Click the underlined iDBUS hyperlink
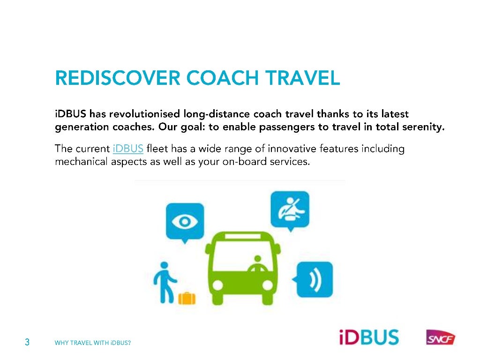click(x=128, y=150)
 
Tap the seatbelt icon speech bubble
click(x=291, y=209)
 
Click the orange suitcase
click(x=187, y=298)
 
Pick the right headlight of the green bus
click(x=267, y=284)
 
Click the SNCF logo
click(x=440, y=337)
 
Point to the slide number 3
click(x=27, y=342)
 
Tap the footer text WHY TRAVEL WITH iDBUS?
click(x=93, y=343)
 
